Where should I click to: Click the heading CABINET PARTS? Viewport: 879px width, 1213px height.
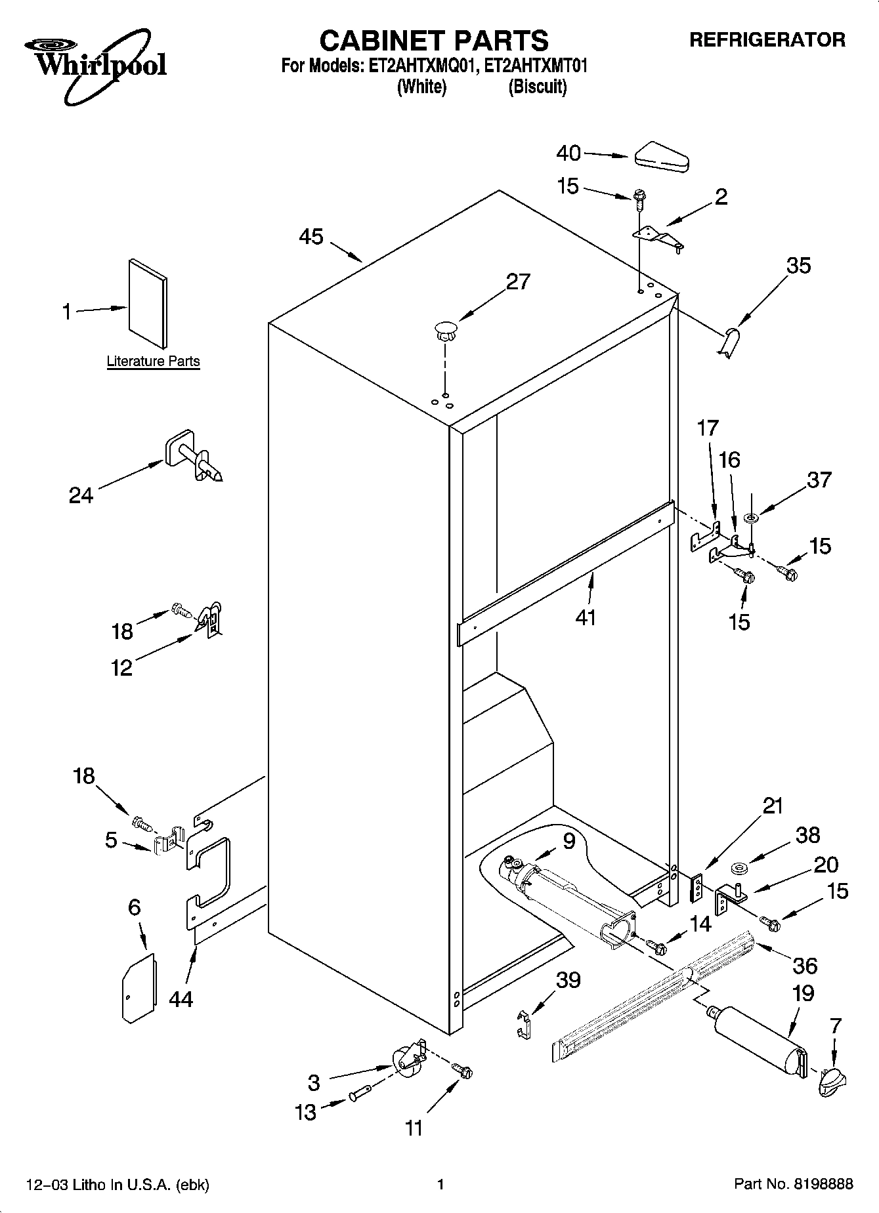point(434,41)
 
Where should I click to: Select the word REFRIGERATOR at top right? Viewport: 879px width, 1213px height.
point(767,40)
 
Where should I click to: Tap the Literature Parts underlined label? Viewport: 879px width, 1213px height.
point(153,361)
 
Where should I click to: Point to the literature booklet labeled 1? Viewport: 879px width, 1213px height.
point(147,302)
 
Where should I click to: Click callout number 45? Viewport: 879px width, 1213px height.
point(311,237)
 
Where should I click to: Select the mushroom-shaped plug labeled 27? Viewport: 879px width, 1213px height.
point(445,329)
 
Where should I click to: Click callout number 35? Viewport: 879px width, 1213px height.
point(798,266)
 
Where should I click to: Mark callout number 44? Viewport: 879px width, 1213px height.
point(181,999)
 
